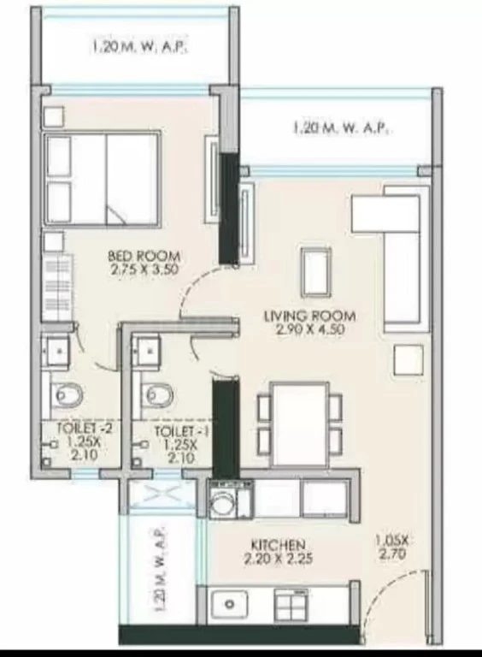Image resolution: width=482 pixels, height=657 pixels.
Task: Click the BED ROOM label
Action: click(144, 255)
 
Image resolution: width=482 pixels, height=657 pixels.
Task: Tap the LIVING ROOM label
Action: click(310, 316)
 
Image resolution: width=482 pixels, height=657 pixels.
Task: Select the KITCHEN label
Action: click(279, 545)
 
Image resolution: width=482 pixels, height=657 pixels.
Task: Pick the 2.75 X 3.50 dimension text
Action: click(144, 269)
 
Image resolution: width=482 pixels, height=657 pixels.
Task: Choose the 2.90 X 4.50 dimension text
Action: click(310, 328)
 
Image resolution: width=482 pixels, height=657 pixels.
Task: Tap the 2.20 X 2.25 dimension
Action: click(279, 559)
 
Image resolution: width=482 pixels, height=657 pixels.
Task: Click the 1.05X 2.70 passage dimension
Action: click(393, 547)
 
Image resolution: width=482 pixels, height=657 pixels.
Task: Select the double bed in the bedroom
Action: click(102, 180)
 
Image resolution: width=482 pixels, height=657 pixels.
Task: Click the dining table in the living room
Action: click(299, 423)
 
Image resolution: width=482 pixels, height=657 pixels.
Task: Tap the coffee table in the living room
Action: click(316, 272)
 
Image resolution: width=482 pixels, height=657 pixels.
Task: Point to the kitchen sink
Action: click(229, 604)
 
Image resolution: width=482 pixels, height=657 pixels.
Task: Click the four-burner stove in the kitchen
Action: click(291, 604)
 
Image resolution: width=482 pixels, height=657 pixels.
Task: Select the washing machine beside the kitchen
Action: click(224, 500)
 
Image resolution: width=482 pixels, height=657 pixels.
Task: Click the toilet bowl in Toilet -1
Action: click(158, 394)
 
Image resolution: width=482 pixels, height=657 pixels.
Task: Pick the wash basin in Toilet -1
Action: click(145, 351)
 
